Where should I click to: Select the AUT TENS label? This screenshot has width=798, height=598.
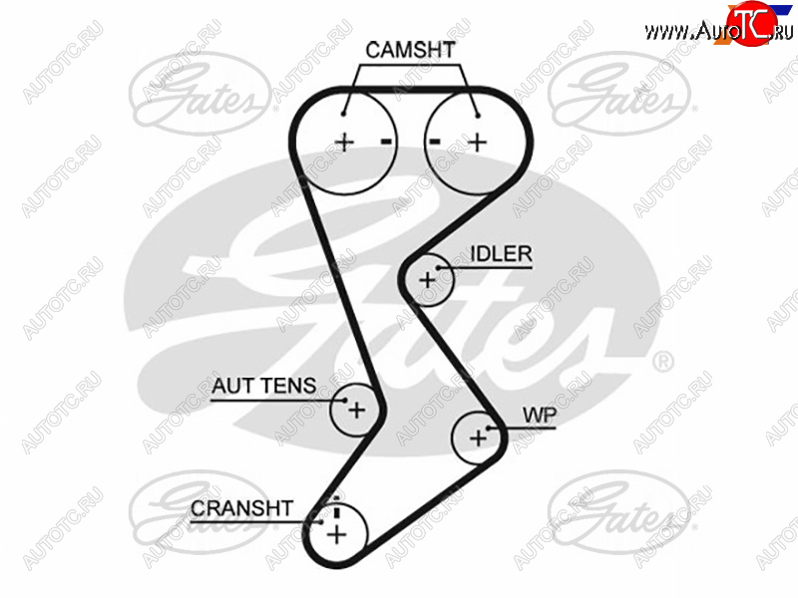point(264,385)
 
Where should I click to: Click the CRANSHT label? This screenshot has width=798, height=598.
point(241,509)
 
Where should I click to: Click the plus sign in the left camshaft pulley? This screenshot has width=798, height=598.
point(344,142)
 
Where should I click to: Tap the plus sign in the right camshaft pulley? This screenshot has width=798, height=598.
point(477,142)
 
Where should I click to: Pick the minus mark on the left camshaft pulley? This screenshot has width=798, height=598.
point(386,142)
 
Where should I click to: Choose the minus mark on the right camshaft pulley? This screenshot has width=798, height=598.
point(436,142)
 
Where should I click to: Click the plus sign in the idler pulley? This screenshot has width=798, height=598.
point(428,280)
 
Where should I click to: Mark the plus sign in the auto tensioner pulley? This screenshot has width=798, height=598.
point(356,408)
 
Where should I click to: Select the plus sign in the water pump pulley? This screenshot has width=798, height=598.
point(478,437)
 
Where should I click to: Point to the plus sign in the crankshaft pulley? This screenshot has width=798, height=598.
point(336,535)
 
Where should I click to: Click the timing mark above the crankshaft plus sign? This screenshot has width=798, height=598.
point(336,511)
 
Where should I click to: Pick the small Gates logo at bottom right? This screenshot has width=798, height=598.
point(618,511)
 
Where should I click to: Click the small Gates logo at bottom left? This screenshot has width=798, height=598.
point(199,511)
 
